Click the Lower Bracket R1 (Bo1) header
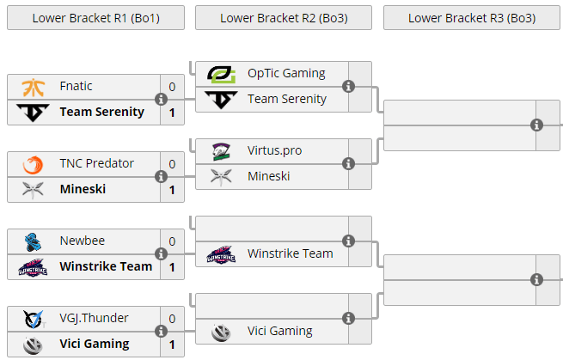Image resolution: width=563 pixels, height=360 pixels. pyautogui.click(x=95, y=17)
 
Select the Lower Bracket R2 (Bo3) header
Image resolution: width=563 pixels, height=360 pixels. pyautogui.click(x=283, y=17)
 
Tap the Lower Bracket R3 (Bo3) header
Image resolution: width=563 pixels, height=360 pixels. pyautogui.click(x=471, y=17)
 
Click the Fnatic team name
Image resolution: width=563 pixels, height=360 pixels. pyautogui.click(x=76, y=86)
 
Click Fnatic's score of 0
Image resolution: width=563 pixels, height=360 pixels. pyautogui.click(x=172, y=87)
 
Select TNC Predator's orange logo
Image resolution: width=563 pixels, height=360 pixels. pyautogui.click(x=34, y=164)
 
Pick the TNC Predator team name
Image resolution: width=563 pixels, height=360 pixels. pyautogui.click(x=97, y=163)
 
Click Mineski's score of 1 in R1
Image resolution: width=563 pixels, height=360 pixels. pyautogui.click(x=172, y=190)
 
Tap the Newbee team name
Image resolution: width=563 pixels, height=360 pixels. pyautogui.click(x=83, y=241)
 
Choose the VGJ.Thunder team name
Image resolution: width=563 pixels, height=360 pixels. pyautogui.click(x=95, y=318)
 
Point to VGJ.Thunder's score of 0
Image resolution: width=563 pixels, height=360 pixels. pyautogui.click(x=172, y=319)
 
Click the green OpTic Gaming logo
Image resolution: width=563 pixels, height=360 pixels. pyautogui.click(x=222, y=74)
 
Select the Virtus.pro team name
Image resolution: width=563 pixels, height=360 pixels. pyautogui.click(x=275, y=150)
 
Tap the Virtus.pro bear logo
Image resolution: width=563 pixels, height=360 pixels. pyautogui.click(x=222, y=151)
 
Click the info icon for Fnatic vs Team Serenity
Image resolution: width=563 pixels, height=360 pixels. pyautogui.click(x=161, y=99)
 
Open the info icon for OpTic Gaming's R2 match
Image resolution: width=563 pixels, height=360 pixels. pyautogui.click(x=348, y=86)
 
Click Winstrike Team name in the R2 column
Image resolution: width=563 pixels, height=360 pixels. pyautogui.click(x=291, y=253)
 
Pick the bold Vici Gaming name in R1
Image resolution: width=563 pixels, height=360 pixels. pyautogui.click(x=95, y=344)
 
